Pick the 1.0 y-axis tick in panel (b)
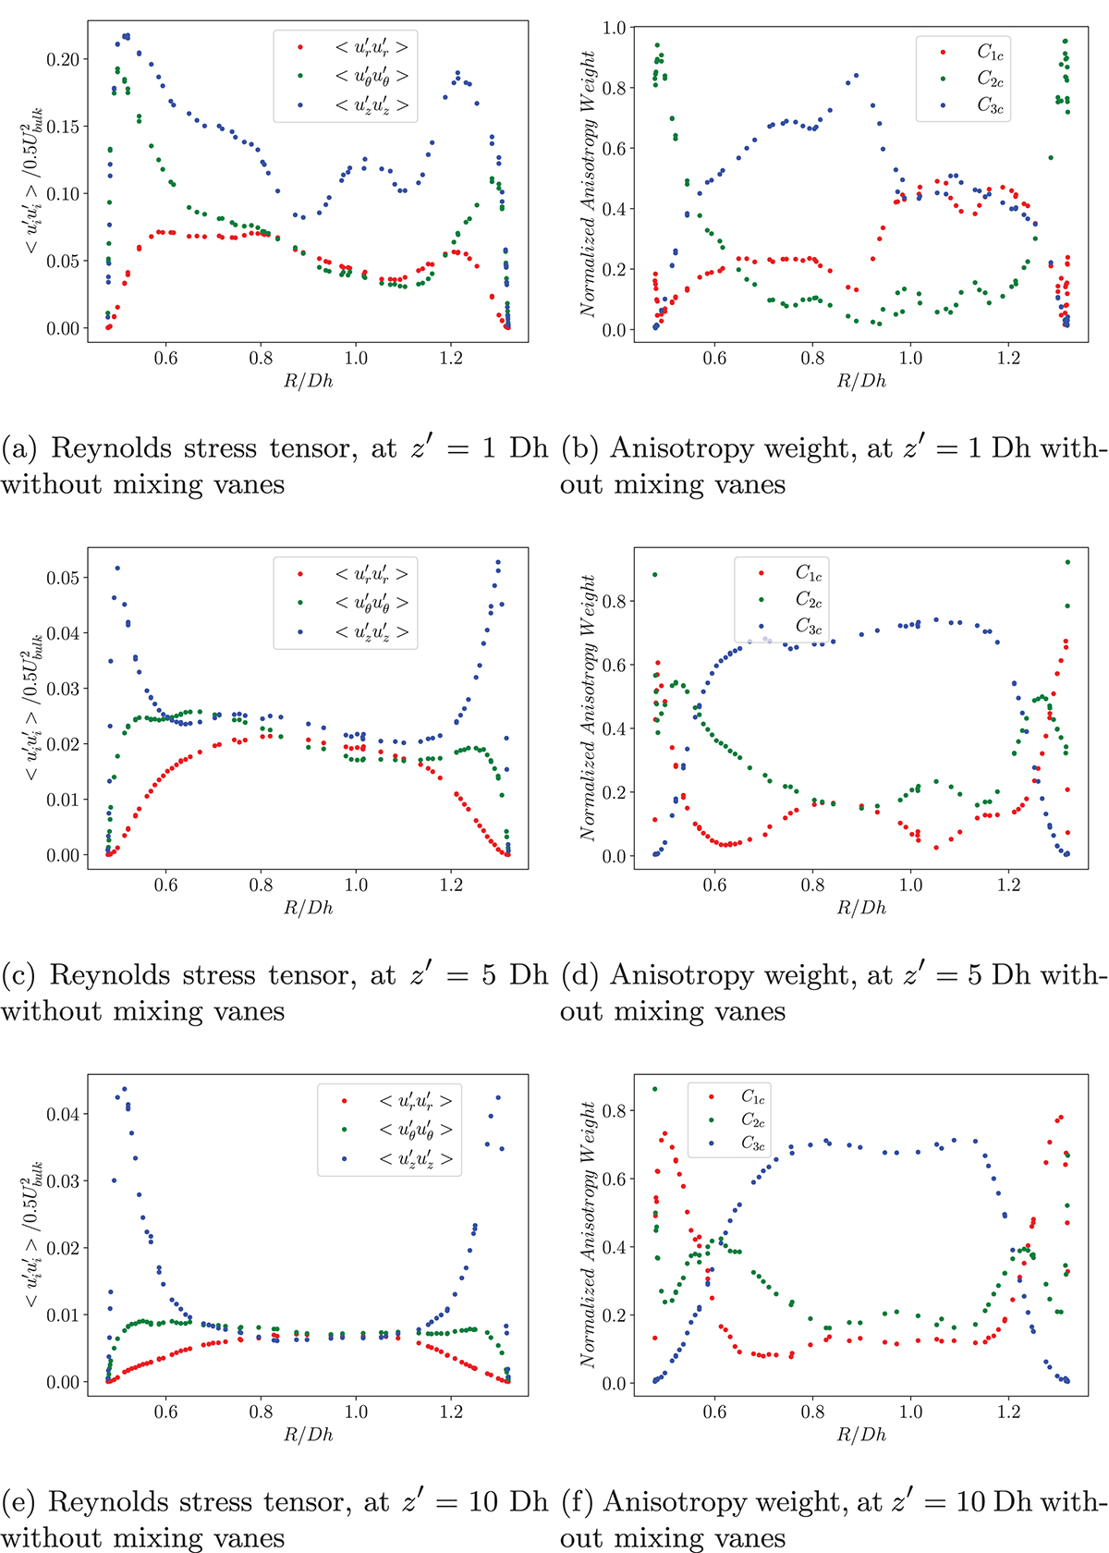point(614,28)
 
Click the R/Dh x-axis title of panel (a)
point(308,381)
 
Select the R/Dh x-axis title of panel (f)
point(861,1435)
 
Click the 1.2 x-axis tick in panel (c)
point(451,885)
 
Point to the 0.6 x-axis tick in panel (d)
point(714,885)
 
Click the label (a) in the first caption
point(20,448)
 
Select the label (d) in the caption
point(580,975)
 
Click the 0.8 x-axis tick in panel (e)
point(262,1412)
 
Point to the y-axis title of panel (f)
point(589,1234)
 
